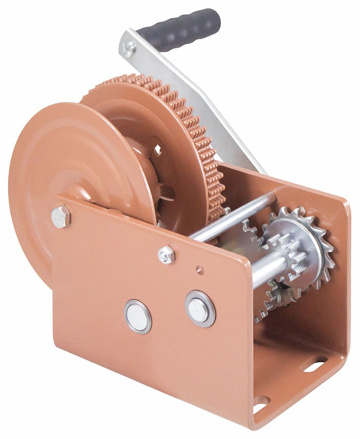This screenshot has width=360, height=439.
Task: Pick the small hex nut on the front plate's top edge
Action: (166, 254)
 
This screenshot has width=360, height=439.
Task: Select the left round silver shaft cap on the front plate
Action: (138, 316)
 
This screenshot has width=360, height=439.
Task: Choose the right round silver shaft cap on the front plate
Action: (200, 309)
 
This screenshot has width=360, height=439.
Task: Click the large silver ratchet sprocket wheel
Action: (319, 242)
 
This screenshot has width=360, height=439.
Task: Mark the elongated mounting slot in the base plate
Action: (314, 367)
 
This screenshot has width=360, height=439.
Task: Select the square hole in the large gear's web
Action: (159, 151)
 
